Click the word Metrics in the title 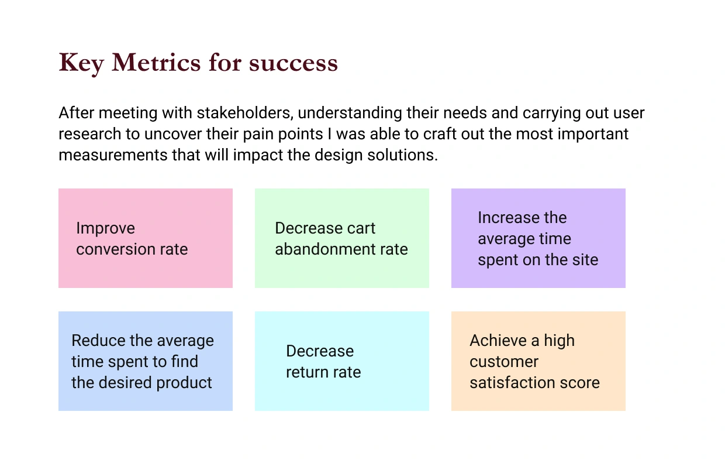point(156,62)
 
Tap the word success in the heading point(294,63)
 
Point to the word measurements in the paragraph point(113,155)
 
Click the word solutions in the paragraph point(402,155)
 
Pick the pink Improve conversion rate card point(146,238)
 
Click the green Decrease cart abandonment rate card point(342,238)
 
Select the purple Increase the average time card point(538,238)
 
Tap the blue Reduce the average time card point(146,361)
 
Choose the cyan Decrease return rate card point(342,361)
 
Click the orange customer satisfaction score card point(538,361)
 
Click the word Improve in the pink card point(105,229)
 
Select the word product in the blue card point(184,383)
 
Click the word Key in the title point(81,63)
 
